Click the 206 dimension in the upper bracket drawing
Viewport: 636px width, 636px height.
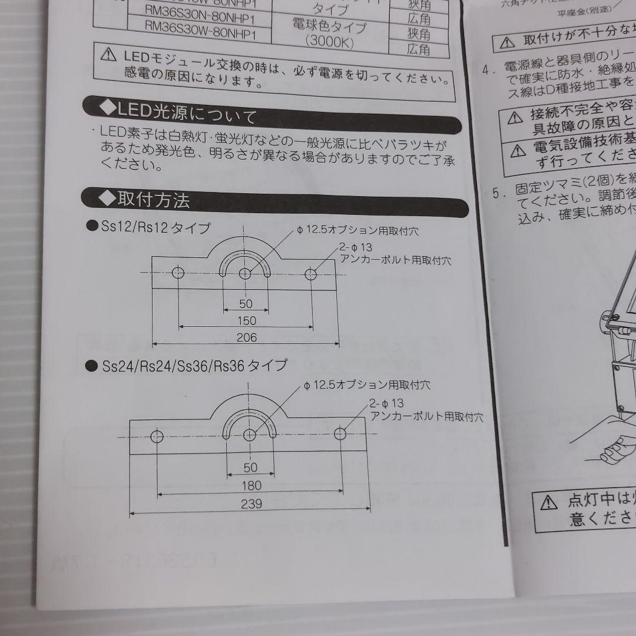pyautogui.click(x=246, y=337)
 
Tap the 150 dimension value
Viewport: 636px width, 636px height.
pyautogui.click(x=246, y=320)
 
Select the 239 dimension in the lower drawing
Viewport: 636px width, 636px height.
pyautogui.click(x=251, y=504)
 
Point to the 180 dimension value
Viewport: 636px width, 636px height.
pyautogui.click(x=251, y=486)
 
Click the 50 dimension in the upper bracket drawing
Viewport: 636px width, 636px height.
pyautogui.click(x=246, y=304)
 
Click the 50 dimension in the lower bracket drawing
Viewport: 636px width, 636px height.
pyautogui.click(x=251, y=468)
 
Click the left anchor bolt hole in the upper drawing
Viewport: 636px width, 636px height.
pyautogui.click(x=178, y=273)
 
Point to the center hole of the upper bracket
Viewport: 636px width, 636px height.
pyautogui.click(x=246, y=273)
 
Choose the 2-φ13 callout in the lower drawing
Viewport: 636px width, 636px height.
pyautogui.click(x=387, y=404)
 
